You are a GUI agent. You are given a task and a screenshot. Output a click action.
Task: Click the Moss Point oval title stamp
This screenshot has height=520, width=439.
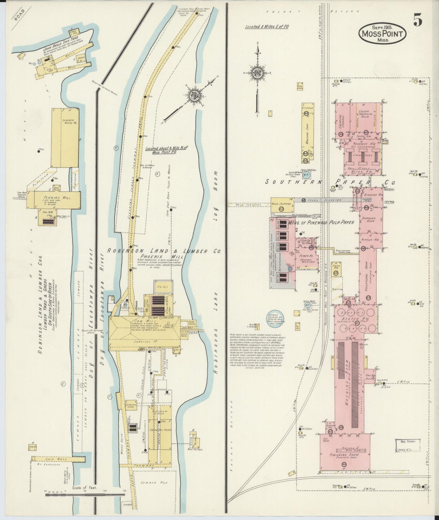point(382,33)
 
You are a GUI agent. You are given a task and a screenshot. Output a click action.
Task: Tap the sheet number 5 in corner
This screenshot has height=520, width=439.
point(417,21)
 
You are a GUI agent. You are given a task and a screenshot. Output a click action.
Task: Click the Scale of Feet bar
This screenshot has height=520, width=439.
point(85,495)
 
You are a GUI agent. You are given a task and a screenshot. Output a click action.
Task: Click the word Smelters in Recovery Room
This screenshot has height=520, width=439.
point(363,155)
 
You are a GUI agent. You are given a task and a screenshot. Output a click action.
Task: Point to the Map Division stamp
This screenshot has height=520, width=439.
point(408,445)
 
